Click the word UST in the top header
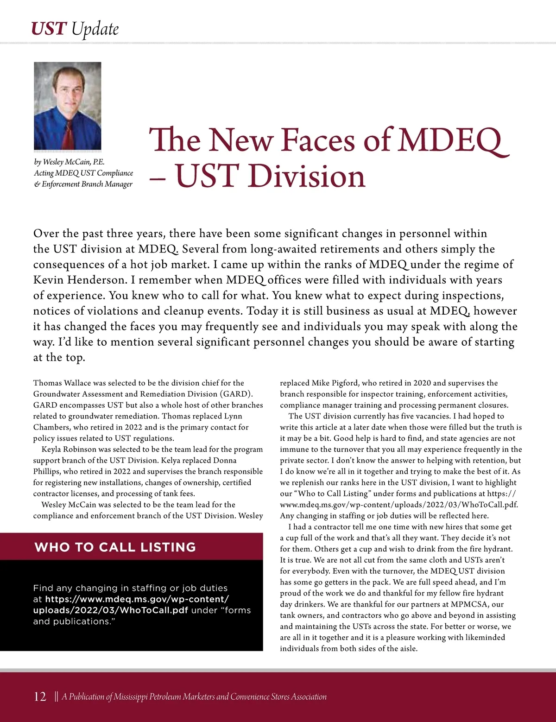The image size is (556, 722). [x=49, y=29]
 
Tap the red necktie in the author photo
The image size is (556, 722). [x=68, y=134]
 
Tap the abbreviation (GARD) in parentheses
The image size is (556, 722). [x=236, y=394]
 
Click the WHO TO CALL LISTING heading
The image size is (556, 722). [x=115, y=547]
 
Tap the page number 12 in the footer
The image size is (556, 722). [x=40, y=697]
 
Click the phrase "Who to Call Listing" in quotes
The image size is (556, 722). [x=332, y=494]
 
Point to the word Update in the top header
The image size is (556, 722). [x=95, y=29]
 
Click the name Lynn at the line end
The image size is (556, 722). [x=233, y=416]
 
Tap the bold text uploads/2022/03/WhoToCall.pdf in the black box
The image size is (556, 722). [x=110, y=610]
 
